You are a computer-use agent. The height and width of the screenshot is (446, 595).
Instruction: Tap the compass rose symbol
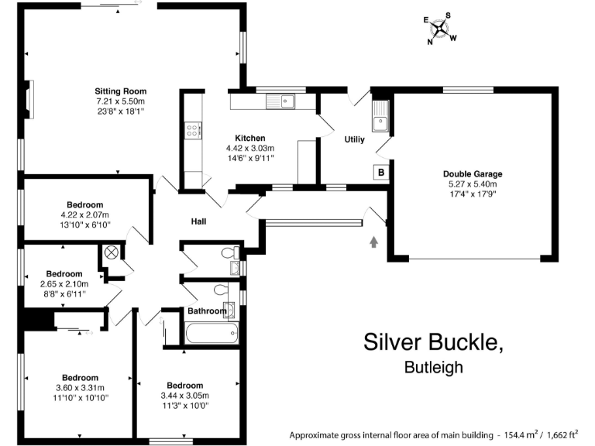point(440,29)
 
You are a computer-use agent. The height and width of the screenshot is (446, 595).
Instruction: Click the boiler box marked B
point(381,173)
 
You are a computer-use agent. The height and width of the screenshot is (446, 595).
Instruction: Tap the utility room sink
point(380,122)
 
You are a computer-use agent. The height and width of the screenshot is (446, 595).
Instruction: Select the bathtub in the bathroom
point(212,334)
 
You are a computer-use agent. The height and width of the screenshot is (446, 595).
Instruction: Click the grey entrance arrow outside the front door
point(374,242)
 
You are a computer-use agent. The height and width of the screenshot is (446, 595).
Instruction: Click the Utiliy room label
point(354,140)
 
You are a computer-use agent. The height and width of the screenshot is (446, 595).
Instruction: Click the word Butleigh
point(434,368)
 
